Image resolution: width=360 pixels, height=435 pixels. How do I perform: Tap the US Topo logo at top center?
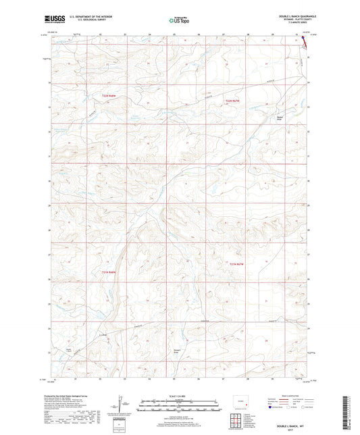click(x=178, y=20)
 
